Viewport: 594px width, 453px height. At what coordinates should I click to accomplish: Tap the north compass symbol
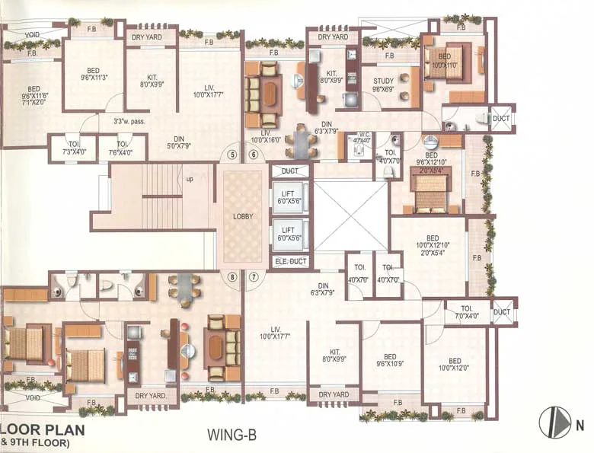point(554,423)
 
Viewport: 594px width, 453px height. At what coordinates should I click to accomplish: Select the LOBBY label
point(244,216)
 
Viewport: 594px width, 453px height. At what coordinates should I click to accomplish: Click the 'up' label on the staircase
point(189,180)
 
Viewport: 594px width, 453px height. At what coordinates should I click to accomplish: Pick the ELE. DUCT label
point(289,262)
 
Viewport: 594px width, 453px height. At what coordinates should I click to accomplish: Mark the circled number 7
point(253,276)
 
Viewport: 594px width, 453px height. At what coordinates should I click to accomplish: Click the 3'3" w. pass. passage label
point(129,120)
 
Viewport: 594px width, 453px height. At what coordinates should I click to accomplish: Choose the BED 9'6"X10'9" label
point(389,360)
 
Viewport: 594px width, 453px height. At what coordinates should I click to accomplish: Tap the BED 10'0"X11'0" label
point(443,61)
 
